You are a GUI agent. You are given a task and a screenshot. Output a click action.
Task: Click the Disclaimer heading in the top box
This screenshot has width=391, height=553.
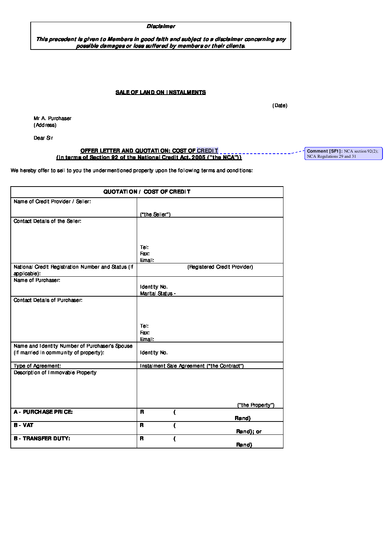coord(161,26)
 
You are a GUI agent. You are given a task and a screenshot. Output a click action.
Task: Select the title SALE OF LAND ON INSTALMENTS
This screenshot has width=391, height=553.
coord(160,92)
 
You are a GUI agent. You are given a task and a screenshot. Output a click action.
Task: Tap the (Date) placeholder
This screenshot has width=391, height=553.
coord(280,106)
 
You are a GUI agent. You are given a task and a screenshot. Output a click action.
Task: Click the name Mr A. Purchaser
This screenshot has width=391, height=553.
coord(52,119)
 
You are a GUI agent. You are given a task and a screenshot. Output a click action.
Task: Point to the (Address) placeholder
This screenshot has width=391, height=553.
coord(45,125)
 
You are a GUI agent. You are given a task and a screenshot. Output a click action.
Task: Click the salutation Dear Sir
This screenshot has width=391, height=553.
coord(43,138)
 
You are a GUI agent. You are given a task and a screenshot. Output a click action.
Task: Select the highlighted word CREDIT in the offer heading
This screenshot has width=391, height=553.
coord(207,151)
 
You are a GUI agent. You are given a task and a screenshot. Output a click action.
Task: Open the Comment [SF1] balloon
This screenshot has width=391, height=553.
coord(343,154)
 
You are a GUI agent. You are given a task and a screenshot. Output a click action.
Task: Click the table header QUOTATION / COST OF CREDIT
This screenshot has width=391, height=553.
coord(147,192)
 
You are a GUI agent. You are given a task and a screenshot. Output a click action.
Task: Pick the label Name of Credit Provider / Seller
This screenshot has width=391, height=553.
coord(52,202)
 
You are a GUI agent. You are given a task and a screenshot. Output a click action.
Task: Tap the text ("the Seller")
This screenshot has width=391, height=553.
coord(155,215)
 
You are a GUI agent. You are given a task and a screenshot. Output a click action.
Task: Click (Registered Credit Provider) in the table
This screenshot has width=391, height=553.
coord(220,267)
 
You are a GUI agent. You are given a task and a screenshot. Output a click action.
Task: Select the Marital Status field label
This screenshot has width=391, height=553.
coord(158,294)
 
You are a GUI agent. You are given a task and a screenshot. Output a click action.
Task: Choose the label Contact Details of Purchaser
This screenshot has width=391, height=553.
coord(48,300)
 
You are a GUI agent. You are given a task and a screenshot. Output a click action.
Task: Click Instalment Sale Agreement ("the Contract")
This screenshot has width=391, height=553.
coord(192,366)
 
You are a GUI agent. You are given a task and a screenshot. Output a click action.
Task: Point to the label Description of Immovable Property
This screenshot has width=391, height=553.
coord(55,373)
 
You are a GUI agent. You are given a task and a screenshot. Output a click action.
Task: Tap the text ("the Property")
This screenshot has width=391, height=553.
coord(256,405)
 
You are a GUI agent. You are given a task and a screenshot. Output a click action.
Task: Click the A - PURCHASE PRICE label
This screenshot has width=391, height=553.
coord(43,412)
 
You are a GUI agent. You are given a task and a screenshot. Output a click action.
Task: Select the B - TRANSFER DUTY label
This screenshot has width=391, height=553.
coord(42,438)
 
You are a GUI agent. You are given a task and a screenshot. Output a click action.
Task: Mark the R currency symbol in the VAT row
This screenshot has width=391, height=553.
coord(142,426)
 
